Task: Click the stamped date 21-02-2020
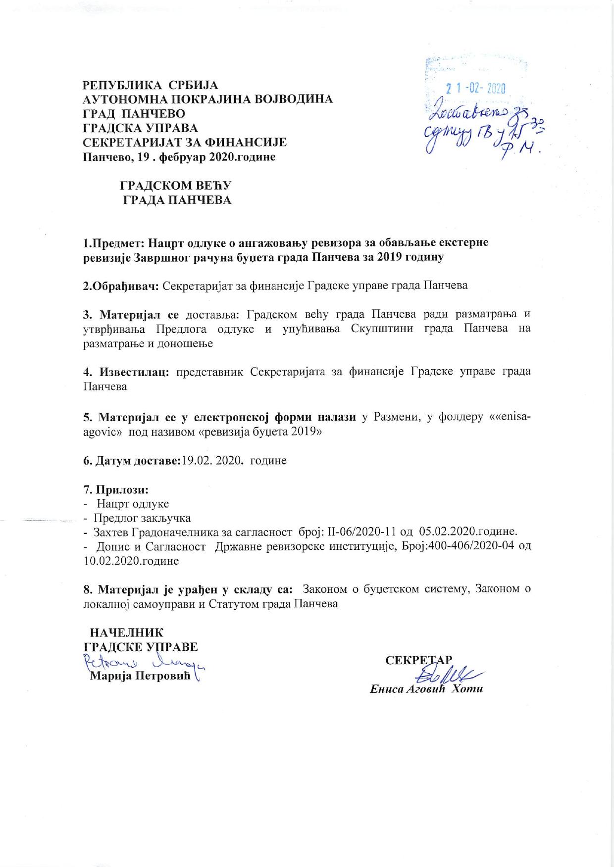point(475,89)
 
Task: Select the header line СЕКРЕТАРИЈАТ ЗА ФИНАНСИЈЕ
point(185,143)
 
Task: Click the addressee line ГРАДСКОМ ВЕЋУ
point(176,186)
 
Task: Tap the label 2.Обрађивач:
point(120,286)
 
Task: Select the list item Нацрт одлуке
point(133,504)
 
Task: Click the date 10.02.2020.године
point(131,561)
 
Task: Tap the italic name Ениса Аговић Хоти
point(426,689)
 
